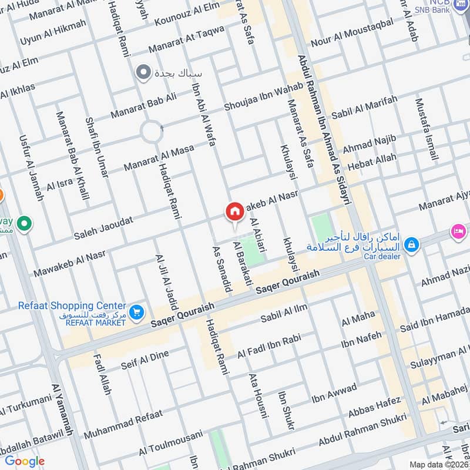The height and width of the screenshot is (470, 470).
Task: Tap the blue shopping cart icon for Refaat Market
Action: pos(136,313)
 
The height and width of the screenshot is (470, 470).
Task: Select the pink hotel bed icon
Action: pos(458,231)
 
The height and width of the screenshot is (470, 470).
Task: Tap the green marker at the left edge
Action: pos(24,224)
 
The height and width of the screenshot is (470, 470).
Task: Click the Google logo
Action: pos(24,461)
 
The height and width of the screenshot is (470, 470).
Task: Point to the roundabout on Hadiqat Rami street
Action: pos(151,130)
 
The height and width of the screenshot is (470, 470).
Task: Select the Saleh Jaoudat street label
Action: pos(103,227)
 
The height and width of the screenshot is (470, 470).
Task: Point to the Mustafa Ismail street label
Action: pos(427,129)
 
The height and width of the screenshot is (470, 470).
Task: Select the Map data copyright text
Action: pos(438,464)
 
